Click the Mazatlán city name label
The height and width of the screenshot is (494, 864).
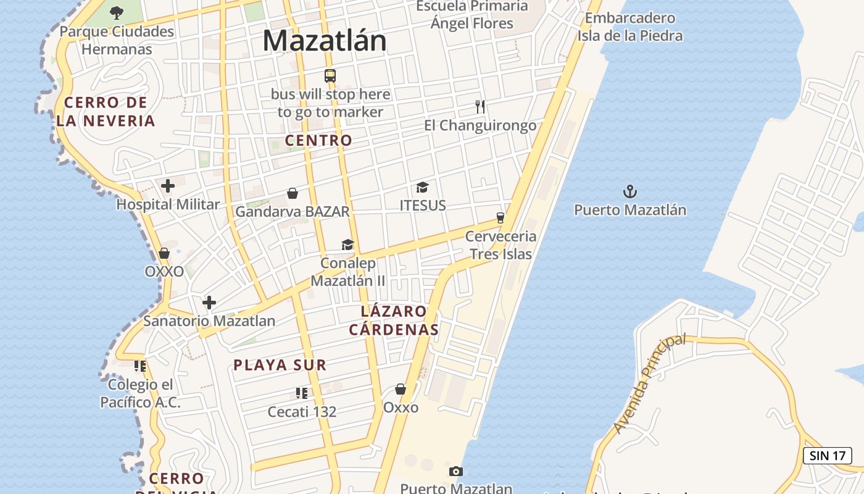click(x=325, y=41)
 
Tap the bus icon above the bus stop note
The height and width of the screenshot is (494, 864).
click(x=330, y=76)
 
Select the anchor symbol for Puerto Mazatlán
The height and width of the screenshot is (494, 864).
click(x=630, y=191)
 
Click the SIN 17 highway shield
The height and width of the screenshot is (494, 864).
click(x=827, y=456)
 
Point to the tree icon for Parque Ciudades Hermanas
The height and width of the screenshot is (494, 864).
click(x=116, y=12)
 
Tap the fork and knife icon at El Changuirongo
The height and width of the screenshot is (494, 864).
click(x=480, y=107)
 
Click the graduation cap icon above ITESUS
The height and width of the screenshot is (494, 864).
click(x=422, y=187)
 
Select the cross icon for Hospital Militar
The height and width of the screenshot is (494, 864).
click(x=168, y=185)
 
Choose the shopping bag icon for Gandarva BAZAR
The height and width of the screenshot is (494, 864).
click(x=293, y=193)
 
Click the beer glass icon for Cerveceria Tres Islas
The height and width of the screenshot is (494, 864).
click(x=501, y=217)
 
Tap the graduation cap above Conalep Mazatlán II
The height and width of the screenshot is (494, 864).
click(x=347, y=245)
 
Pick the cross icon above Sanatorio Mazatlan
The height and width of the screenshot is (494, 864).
click(x=209, y=303)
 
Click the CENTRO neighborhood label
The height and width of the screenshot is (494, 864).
click(x=318, y=140)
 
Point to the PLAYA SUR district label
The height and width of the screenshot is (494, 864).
click(x=280, y=365)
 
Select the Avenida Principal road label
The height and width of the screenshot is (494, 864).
click(x=650, y=383)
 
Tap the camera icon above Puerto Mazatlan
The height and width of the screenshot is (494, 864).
click(x=455, y=472)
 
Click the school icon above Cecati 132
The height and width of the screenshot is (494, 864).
click(x=302, y=393)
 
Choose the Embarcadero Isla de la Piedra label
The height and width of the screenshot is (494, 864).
click(x=630, y=27)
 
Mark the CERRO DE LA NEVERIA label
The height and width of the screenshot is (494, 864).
click(x=106, y=111)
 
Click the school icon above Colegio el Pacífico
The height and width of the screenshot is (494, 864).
click(x=140, y=366)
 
